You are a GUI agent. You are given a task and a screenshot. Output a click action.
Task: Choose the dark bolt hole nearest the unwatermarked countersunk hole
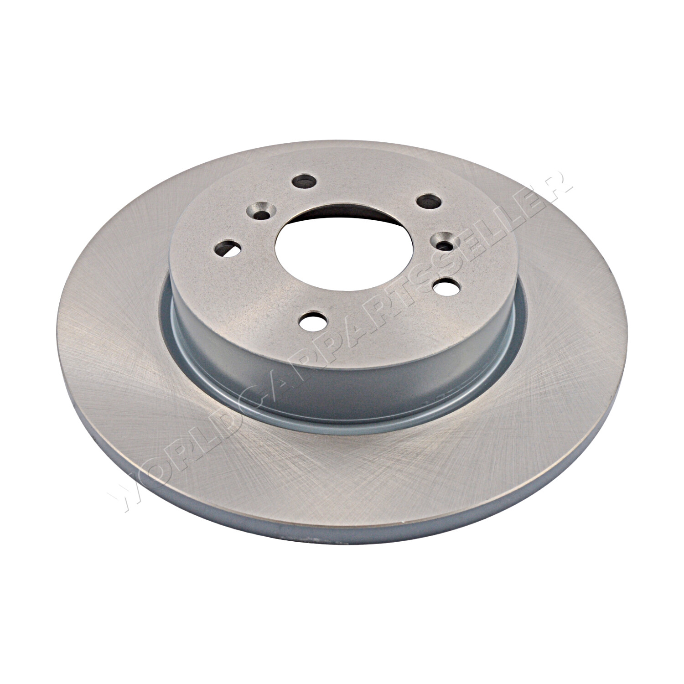pyautogui.click(x=302, y=181)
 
